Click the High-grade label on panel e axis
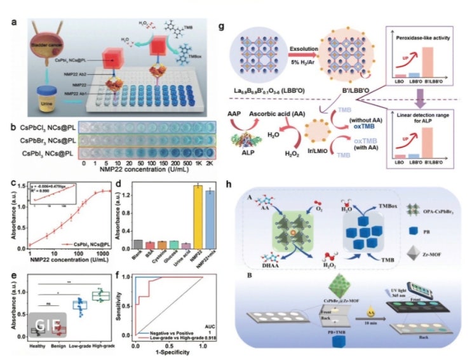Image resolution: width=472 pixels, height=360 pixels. (101, 346)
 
